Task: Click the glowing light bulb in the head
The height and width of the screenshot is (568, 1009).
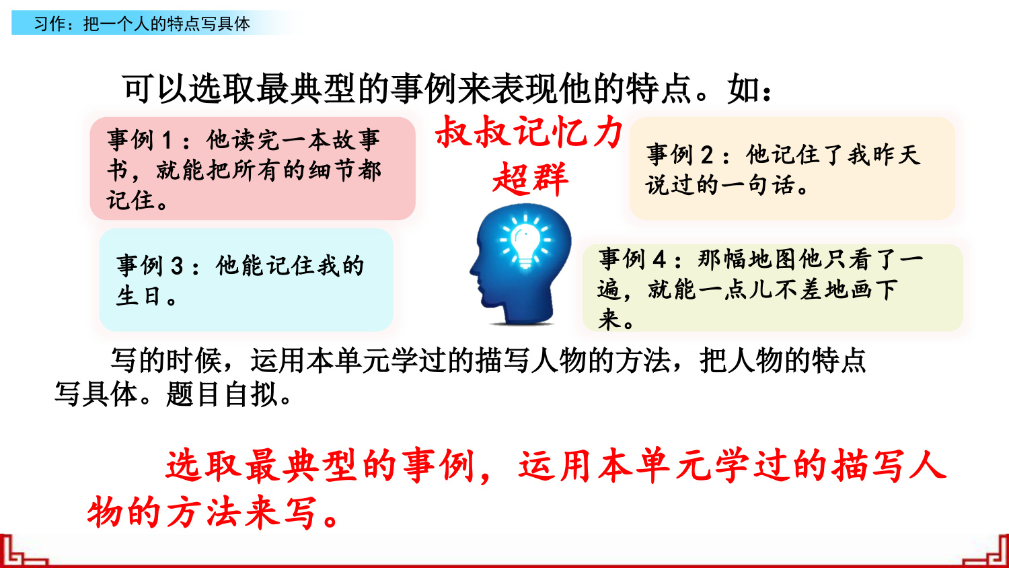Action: [x=525, y=241]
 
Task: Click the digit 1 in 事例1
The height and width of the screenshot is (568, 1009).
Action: [x=167, y=140]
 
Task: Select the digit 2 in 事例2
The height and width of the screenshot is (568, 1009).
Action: [x=707, y=155]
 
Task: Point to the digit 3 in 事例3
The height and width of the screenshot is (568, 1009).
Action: [x=176, y=266]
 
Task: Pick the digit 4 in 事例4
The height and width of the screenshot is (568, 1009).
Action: [x=659, y=260]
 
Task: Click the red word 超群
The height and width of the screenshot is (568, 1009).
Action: [x=530, y=180]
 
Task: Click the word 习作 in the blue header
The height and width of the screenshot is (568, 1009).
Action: [x=48, y=24]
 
